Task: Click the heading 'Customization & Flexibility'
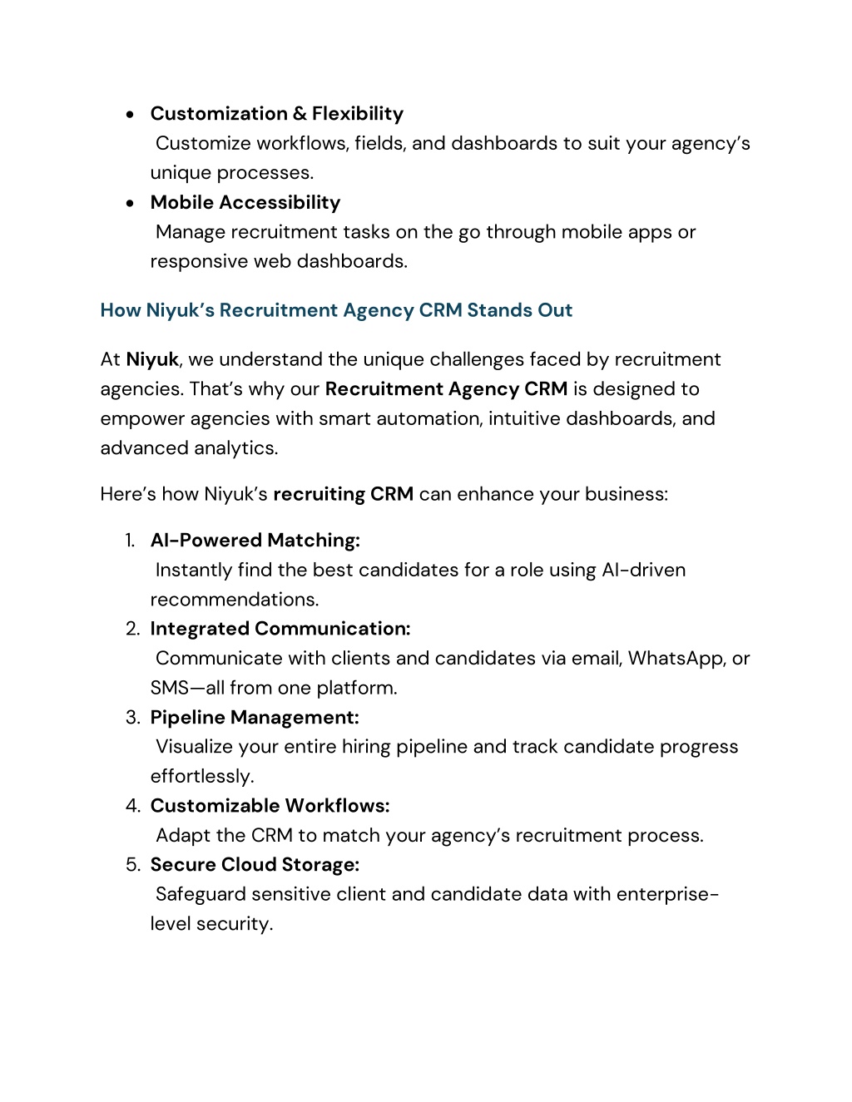click(x=276, y=114)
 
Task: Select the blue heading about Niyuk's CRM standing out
click(x=336, y=310)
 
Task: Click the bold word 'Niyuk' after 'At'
click(x=152, y=359)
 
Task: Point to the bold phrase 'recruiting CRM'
click(x=343, y=494)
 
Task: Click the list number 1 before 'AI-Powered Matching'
click(x=130, y=541)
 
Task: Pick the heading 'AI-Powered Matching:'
click(x=255, y=541)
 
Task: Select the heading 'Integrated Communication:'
click(x=280, y=629)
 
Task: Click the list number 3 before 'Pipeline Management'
click(x=132, y=718)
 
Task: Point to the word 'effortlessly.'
click(x=202, y=777)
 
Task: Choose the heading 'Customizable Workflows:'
click(x=270, y=806)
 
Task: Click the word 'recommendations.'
click(x=235, y=600)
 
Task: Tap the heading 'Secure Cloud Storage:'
click(x=255, y=865)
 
